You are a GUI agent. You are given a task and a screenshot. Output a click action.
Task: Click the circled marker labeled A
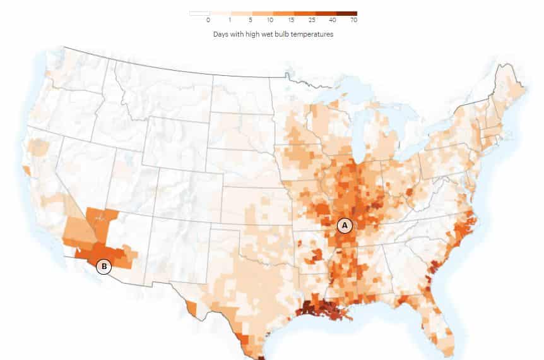tap(344, 225)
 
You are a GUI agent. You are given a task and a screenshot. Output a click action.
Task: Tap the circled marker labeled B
tap(103, 267)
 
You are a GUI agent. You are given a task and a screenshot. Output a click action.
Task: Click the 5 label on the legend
tap(251, 20)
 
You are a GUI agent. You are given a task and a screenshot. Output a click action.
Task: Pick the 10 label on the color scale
tap(272, 20)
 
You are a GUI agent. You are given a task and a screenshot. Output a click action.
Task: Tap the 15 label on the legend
tap(293, 20)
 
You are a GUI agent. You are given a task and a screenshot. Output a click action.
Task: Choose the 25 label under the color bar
tap(314, 20)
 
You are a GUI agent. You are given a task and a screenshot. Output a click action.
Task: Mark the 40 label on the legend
tap(334, 20)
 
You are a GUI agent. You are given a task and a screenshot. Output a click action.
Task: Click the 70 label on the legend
tap(355, 20)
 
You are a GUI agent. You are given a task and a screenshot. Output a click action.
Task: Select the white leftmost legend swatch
tap(199, 13)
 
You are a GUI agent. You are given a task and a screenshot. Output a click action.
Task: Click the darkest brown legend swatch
tap(346, 13)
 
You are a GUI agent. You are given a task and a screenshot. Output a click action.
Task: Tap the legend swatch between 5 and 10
tap(262, 13)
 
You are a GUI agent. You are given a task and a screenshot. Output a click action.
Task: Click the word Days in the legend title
tap(221, 35)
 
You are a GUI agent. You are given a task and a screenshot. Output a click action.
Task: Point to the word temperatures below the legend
tap(312, 35)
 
